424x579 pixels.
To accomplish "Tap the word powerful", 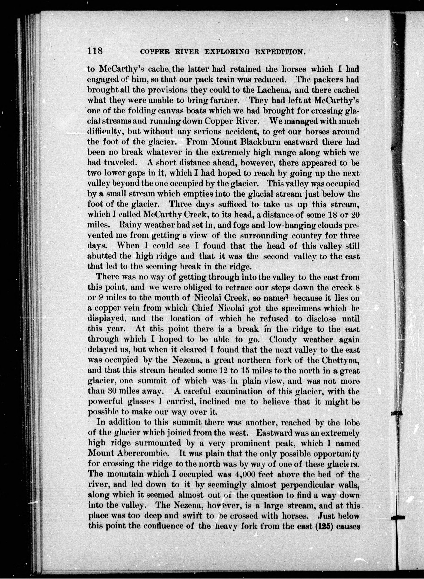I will [x=104, y=402].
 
